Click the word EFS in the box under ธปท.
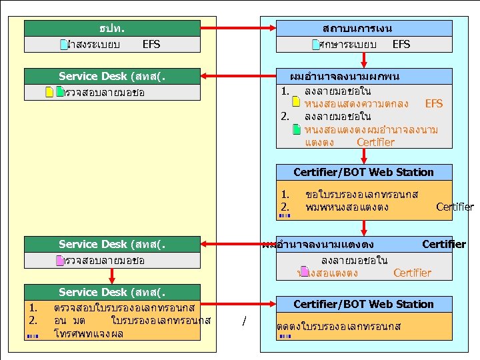[151, 45]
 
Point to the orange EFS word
[433, 104]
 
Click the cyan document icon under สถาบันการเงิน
[316, 45]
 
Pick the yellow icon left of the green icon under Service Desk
[49, 92]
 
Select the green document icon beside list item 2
[297, 129]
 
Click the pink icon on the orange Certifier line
[304, 272]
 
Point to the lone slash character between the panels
[245, 322]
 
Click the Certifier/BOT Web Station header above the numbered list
[363, 172]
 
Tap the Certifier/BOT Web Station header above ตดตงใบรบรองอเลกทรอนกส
[363, 304]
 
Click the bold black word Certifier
[443, 244]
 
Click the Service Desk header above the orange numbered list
[112, 292]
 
